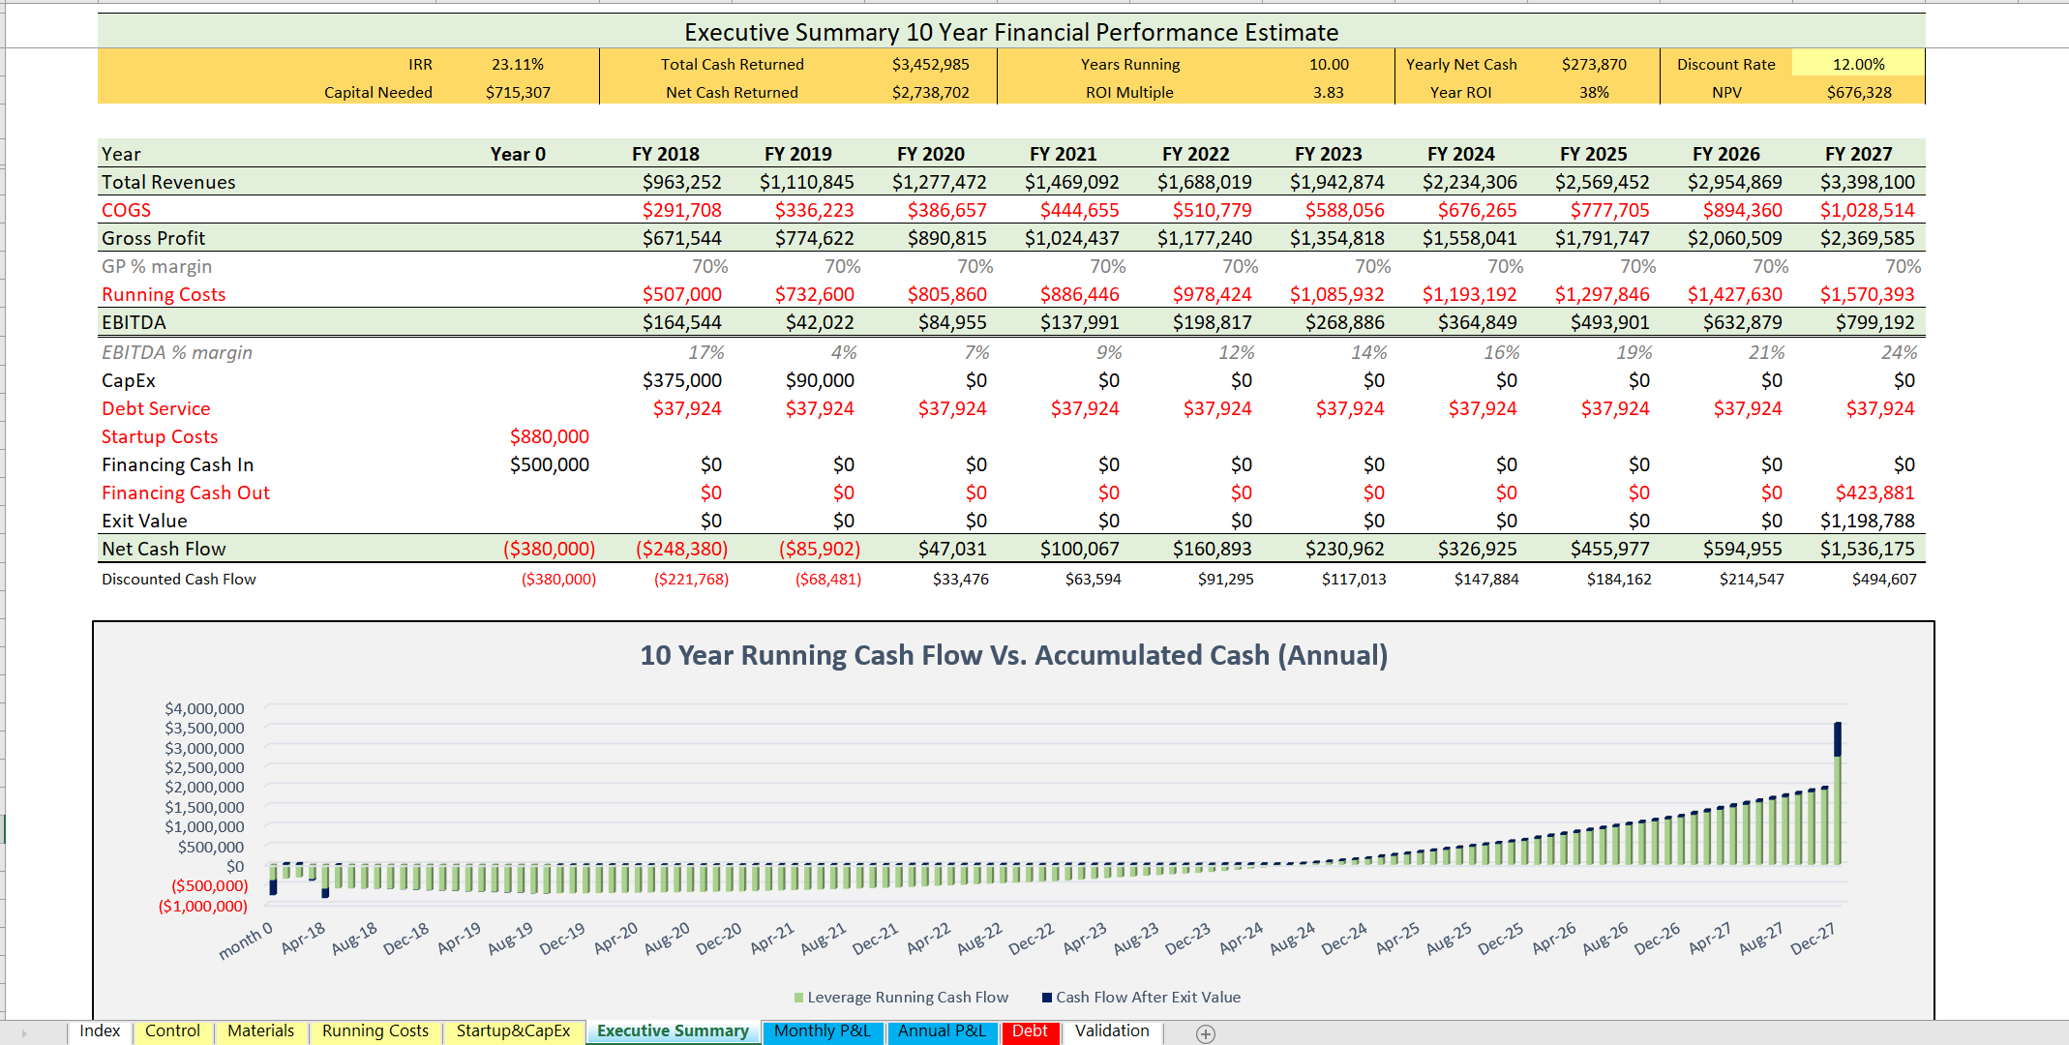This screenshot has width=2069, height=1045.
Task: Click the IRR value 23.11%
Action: pos(517,65)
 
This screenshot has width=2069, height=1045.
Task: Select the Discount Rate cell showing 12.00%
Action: pos(1858,65)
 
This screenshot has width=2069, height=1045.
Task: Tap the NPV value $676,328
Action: pos(1858,93)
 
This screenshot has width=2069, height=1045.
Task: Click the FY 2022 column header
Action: pos(1195,154)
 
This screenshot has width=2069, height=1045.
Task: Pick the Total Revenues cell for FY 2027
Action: pos(1867,182)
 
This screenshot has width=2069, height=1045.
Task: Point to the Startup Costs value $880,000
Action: pos(549,436)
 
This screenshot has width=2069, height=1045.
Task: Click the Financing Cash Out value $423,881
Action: pos(1874,493)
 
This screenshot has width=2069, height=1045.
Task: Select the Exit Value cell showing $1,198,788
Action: pos(1867,521)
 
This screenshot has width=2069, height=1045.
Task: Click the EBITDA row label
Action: pos(134,322)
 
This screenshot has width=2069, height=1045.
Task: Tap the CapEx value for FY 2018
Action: pos(681,380)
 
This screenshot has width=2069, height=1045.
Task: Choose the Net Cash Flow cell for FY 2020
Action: pos(952,549)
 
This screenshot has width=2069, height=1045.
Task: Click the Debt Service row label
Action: pos(156,408)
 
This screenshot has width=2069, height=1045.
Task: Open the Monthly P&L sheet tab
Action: pos(822,1031)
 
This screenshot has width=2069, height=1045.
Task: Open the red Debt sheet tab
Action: pos(1030,1031)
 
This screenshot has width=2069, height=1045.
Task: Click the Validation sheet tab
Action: pos(1112,1031)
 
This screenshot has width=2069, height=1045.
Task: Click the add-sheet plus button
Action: pos(1205,1033)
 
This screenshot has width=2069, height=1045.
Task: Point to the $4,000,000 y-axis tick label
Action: pos(204,709)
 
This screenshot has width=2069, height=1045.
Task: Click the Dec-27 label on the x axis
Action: pos(1812,940)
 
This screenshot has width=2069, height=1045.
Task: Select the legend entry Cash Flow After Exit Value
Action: pos(1147,998)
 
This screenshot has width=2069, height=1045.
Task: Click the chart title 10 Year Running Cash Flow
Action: pos(1013,656)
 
